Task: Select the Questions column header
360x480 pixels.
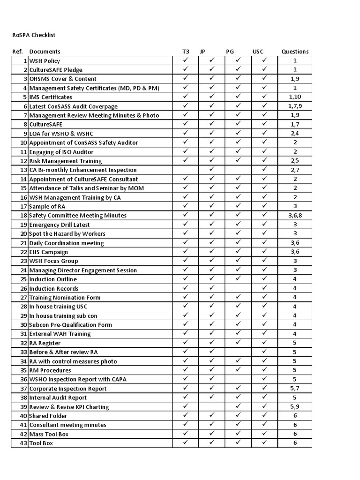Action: [x=295, y=52]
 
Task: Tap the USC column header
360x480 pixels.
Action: [x=258, y=52]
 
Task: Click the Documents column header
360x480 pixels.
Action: [x=45, y=52]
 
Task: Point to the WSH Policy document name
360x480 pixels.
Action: [x=45, y=61]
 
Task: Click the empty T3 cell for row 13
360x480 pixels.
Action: [x=186, y=170]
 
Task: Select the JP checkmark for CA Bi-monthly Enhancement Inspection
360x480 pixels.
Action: [x=211, y=169]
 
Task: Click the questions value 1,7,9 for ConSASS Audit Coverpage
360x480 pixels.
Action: [x=295, y=106]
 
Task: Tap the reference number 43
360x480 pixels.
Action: [x=23, y=443]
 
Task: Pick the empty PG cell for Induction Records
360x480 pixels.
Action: [x=238, y=288]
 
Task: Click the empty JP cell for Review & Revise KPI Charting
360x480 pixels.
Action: [x=211, y=407]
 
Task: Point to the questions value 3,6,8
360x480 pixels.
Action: [x=295, y=215]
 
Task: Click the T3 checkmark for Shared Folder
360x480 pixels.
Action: [x=186, y=415]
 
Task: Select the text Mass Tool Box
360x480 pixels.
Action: [x=49, y=434]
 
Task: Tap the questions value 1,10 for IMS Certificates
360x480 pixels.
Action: [x=295, y=97]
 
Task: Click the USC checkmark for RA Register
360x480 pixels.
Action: [x=264, y=343]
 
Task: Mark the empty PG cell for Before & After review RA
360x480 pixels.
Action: [x=238, y=352]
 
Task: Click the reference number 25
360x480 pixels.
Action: [x=23, y=279]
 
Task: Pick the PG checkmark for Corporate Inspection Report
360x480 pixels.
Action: [x=238, y=388]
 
